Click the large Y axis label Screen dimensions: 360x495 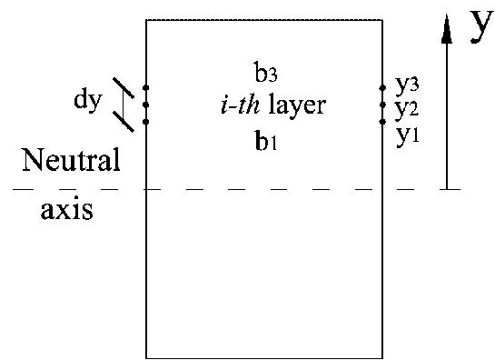click(480, 30)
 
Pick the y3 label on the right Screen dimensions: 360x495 click(407, 85)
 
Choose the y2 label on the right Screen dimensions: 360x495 click(407, 108)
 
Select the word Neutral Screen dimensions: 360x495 click(72, 162)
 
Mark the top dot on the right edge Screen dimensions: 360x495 click(382, 88)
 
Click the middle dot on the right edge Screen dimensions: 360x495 click(382, 105)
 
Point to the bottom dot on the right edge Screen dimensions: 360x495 click(382, 120)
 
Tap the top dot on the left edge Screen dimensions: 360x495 click(146, 88)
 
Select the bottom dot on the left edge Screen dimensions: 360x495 click(146, 121)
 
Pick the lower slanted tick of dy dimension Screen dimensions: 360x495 click(124, 120)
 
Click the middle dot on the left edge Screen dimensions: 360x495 click(146, 105)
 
